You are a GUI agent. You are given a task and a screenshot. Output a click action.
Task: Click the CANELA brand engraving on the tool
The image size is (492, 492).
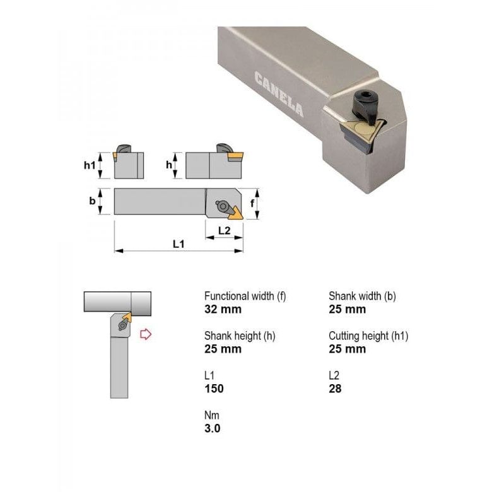279,95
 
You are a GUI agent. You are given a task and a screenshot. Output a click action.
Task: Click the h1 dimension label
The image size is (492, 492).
90,165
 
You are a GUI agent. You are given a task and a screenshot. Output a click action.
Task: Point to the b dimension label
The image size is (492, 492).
92,201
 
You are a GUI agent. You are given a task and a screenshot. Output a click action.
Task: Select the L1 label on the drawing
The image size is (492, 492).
179,243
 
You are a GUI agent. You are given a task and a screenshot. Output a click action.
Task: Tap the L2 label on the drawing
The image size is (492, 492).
224,230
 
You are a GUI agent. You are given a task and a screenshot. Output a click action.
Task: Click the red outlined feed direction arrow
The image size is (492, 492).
146,334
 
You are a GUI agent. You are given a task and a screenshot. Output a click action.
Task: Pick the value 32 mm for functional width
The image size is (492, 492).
223,309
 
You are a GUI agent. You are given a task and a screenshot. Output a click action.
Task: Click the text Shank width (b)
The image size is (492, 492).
362,296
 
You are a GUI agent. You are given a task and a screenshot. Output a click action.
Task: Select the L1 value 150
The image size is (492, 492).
214,389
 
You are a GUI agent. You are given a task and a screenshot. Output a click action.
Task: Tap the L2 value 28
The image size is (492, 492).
335,389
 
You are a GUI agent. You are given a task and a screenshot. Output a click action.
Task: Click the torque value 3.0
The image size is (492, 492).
213,429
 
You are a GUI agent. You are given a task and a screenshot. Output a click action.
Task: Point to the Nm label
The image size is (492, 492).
211,416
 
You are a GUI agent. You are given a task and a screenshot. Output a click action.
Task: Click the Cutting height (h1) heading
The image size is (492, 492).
368,336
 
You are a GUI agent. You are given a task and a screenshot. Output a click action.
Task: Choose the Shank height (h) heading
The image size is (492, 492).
240,336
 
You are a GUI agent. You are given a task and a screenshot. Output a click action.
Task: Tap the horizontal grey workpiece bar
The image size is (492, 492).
117,302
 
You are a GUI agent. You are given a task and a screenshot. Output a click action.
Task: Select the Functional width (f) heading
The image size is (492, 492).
245,296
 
